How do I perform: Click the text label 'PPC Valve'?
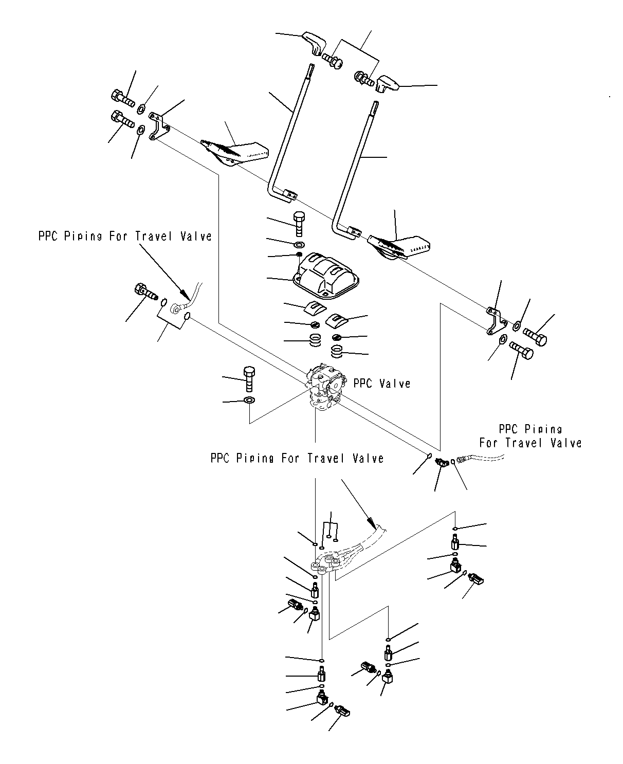coord(381,384)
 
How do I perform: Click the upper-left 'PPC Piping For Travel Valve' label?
coord(125,236)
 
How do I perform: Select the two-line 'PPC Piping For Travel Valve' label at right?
coord(530,436)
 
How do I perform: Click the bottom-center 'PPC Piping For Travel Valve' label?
coord(297,458)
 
